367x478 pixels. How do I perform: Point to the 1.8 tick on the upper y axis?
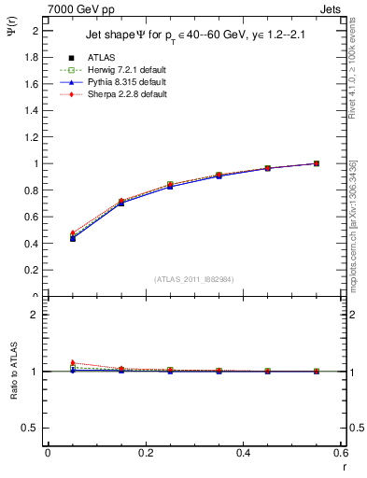point(33,57)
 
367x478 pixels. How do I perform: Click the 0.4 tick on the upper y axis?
point(33,244)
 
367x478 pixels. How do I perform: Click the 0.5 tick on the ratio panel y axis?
point(31,428)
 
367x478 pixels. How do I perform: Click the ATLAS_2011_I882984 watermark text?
point(192,278)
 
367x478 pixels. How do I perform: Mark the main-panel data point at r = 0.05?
point(73,238)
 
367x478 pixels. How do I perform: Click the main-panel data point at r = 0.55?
point(317,163)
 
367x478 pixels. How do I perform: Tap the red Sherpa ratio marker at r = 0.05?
point(73,362)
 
